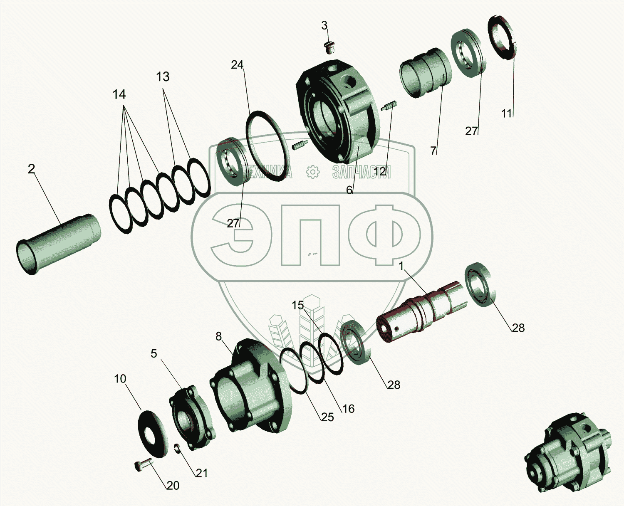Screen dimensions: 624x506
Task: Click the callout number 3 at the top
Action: pyautogui.click(x=324, y=26)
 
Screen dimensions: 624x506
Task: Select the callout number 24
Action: pyautogui.click(x=237, y=64)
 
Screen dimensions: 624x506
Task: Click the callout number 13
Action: pyautogui.click(x=163, y=77)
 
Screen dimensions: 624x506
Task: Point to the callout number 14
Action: pyautogui.click(x=119, y=94)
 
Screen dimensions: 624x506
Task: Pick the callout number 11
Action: pyautogui.click(x=507, y=114)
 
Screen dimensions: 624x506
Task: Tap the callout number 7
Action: pyautogui.click(x=433, y=151)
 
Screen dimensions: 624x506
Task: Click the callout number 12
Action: pyautogui.click(x=380, y=172)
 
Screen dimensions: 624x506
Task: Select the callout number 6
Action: pyautogui.click(x=349, y=190)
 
